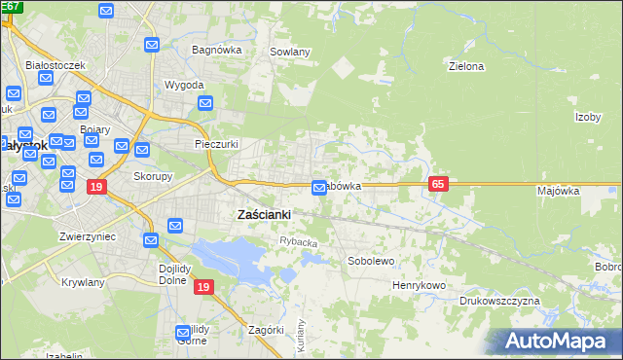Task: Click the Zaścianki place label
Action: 265,214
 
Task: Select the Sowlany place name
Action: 290,52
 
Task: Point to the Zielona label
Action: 465,67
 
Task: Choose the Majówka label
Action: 558,192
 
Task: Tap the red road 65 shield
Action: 437,184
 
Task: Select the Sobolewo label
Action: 371,262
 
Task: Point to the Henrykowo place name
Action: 419,285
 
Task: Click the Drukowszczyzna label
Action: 499,302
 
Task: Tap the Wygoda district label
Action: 184,85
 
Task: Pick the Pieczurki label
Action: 216,144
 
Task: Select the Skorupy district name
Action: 153,177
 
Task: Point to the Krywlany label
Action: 82,282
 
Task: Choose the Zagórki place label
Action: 266,330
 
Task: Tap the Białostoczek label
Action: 56,65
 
